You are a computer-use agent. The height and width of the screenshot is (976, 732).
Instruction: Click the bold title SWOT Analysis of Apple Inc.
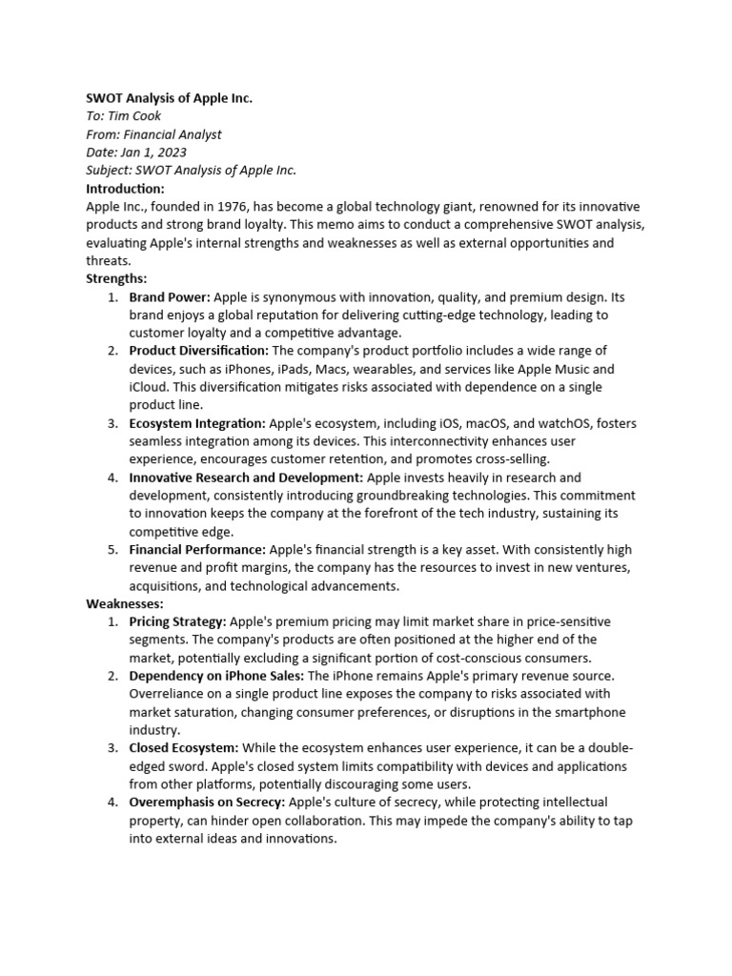pos(169,98)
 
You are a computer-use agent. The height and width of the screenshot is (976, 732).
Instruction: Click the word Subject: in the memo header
pos(110,171)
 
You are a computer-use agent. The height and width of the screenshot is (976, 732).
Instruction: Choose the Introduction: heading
pos(125,189)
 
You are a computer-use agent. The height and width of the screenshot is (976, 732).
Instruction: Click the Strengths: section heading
pos(116,279)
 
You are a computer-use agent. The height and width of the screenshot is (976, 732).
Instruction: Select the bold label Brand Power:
pos(171,297)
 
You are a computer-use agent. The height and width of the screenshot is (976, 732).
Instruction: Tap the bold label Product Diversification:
pos(199,351)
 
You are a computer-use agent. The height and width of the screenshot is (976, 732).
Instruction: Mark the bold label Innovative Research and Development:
pos(246,478)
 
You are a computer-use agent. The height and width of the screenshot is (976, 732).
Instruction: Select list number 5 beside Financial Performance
pos(112,550)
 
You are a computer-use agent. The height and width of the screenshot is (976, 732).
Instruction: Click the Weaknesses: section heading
pos(124,604)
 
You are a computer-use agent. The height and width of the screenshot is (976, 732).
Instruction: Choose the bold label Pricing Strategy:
pos(177,622)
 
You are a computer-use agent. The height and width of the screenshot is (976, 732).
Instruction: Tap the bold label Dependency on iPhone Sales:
pos(216,676)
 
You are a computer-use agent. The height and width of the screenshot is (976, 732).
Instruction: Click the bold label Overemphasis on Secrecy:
pos(207,803)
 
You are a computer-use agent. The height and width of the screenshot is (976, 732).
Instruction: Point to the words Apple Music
pos(579,369)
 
